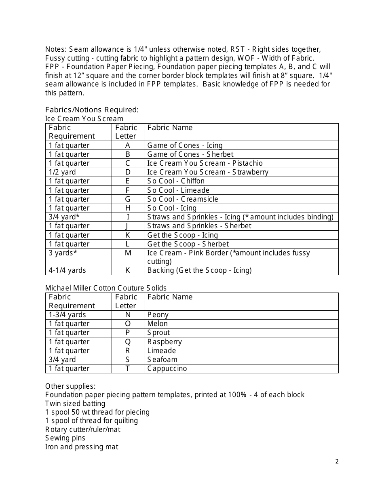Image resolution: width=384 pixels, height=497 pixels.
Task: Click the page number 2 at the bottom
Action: coord(337,461)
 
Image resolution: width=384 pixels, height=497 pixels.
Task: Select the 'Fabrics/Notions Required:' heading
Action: coord(92,110)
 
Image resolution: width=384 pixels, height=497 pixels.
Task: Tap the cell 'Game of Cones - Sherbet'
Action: coord(190,154)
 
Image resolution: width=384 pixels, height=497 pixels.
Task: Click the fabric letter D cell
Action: coord(127,172)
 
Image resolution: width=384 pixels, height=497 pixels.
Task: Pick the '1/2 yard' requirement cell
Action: coord(62,172)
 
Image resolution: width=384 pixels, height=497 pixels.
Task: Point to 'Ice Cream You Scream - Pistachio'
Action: coord(205,163)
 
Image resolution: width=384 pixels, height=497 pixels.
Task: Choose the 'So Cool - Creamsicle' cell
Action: coord(183,199)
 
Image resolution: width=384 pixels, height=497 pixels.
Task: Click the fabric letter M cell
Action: coord(127,253)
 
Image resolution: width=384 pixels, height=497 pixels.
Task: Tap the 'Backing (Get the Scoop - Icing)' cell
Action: coord(199,270)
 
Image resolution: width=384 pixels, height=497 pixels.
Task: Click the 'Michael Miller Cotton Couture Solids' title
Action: coord(106,288)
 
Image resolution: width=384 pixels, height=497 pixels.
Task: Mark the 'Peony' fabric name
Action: coord(158,315)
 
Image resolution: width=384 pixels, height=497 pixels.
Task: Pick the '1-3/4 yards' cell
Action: coord(68,315)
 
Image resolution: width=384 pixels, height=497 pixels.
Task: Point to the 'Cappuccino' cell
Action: coord(167,369)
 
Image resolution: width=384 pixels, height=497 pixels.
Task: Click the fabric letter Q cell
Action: coord(127,342)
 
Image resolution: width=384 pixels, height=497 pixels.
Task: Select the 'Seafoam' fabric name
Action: coord(162,360)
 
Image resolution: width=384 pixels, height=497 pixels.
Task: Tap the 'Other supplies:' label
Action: coord(70,386)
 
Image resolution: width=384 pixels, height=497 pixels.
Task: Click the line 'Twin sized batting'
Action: coord(75,404)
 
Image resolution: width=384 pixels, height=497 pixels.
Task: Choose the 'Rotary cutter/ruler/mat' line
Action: coord(83,430)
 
